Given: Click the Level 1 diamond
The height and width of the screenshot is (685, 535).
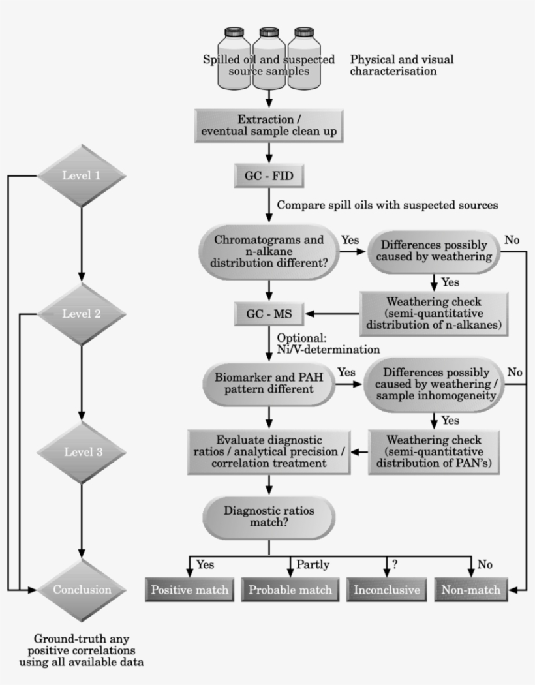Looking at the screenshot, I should (81, 175).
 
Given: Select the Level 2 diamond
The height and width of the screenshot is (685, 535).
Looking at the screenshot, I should (81, 314).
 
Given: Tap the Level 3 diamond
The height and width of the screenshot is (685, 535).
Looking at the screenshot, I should (81, 451).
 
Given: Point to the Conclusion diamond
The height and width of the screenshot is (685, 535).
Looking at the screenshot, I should (81, 590).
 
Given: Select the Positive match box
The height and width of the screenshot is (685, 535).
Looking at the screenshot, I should (190, 590).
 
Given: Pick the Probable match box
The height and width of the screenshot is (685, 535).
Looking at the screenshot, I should (290, 590).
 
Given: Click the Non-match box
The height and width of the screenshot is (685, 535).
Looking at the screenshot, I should (470, 590).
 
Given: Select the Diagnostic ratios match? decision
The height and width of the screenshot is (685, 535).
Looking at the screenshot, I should (269, 517).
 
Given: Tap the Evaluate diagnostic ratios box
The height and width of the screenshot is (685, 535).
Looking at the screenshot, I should (269, 450).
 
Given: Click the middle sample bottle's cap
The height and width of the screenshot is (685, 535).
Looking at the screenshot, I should (268, 32).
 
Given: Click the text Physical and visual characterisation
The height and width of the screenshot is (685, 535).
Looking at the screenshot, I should (401, 65).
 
